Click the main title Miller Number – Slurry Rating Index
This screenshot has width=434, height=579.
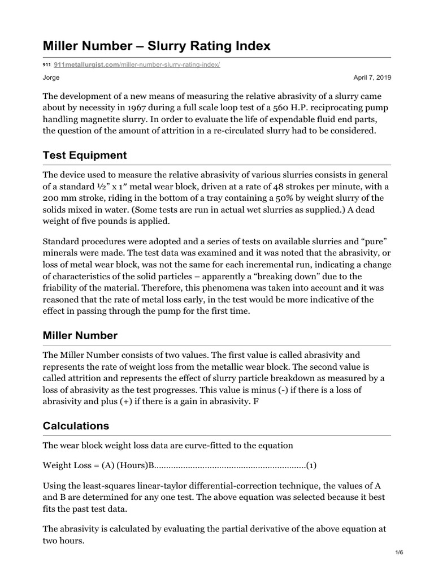click(157, 46)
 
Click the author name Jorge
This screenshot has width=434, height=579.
click(51, 77)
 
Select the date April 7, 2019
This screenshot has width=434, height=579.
click(372, 77)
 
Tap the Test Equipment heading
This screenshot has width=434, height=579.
click(85, 155)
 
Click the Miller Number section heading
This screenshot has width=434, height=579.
click(80, 335)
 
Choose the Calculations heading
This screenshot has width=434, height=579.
click(76, 425)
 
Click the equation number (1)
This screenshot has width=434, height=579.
click(311, 465)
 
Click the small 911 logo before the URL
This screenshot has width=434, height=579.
click(47, 66)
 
